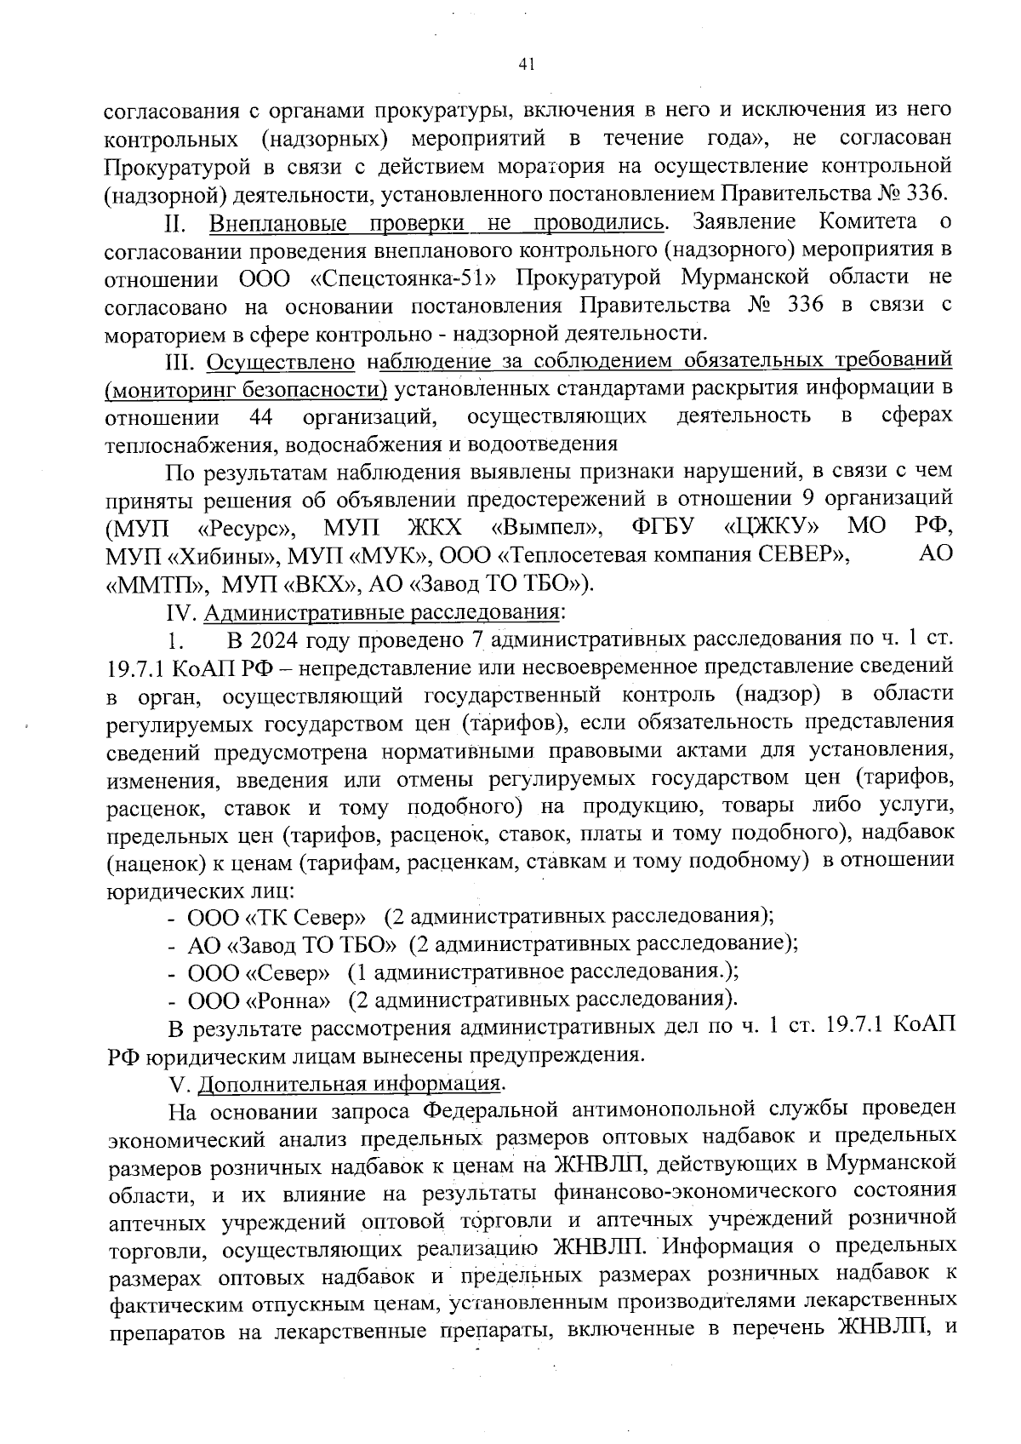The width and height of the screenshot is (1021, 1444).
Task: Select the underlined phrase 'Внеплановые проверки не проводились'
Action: [437, 223]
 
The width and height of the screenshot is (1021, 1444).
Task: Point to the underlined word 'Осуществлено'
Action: [281, 362]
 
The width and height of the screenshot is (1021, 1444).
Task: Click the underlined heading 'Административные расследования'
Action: [382, 611]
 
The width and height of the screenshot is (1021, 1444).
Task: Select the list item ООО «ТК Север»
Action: [277, 917]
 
